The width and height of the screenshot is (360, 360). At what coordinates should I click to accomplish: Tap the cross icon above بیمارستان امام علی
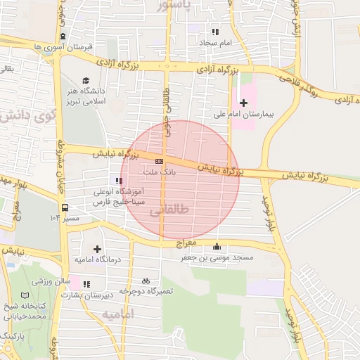[244, 103]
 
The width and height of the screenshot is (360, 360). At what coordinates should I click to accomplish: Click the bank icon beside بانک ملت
[159, 161]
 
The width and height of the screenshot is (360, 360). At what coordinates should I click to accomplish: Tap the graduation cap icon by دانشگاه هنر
[86, 81]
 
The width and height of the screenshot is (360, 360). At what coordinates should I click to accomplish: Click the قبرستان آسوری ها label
[63, 46]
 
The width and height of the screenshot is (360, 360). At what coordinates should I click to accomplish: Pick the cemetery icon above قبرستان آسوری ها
[63, 36]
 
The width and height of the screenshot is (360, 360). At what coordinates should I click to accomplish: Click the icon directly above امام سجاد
[215, 32]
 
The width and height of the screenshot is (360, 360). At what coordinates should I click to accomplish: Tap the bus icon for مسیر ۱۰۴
[65, 208]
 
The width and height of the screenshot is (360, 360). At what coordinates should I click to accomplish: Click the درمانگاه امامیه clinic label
[98, 259]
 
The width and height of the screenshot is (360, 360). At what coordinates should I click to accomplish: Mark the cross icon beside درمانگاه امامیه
[97, 249]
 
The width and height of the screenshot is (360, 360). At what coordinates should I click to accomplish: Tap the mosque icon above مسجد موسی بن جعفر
[217, 247]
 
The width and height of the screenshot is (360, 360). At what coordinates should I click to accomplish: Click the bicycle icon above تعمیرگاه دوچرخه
[146, 281]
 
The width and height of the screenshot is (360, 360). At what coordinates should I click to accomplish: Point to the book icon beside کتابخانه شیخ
[26, 296]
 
